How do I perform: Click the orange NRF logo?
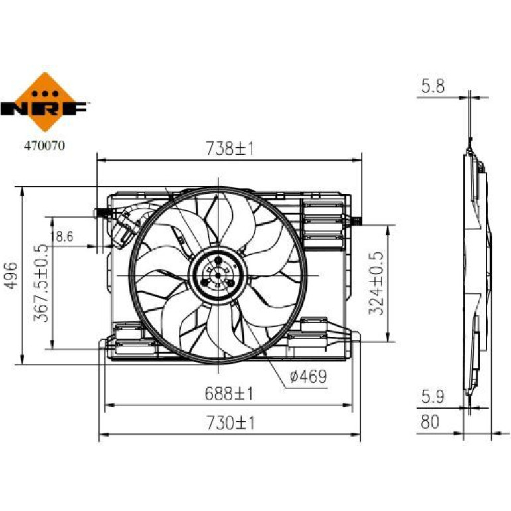pyautogui.click(x=44, y=102)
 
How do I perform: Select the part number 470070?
pyautogui.click(x=44, y=145)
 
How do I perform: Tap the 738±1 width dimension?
pyautogui.click(x=230, y=149)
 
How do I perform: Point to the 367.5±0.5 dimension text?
pyautogui.click(x=41, y=283)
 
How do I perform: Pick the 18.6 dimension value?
pyautogui.click(x=62, y=236)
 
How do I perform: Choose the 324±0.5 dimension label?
pyautogui.click(x=377, y=283)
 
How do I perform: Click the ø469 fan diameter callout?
pyautogui.click(x=308, y=377)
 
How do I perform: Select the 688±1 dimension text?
pyautogui.click(x=229, y=394)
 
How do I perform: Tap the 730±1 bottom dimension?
pyautogui.click(x=230, y=423)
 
